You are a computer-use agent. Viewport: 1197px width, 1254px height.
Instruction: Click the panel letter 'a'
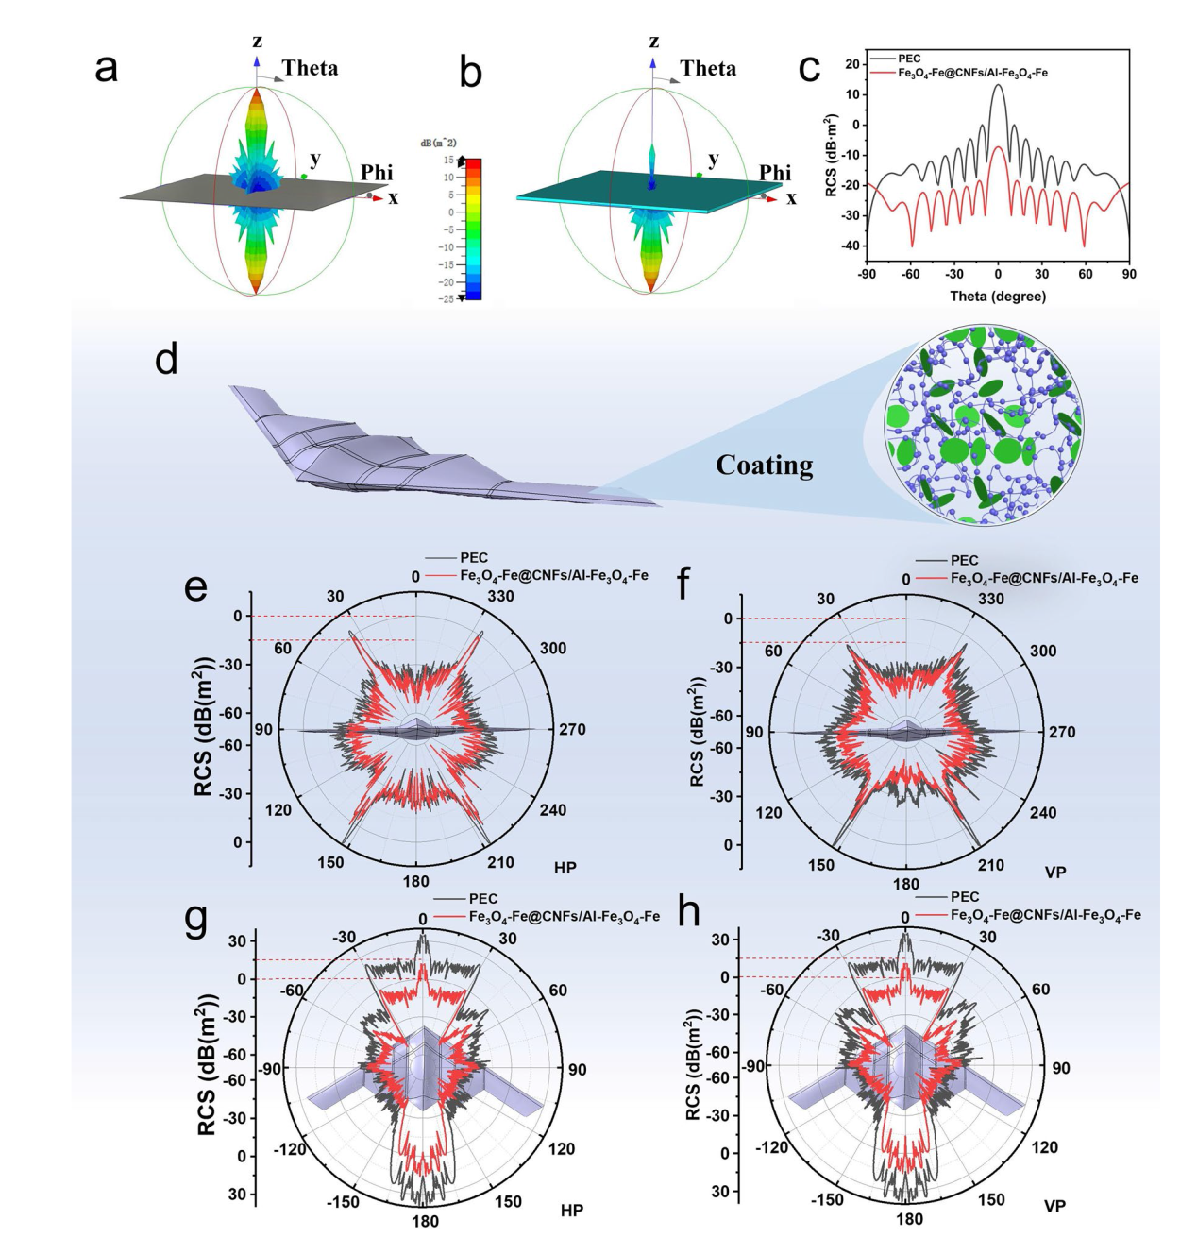point(107,68)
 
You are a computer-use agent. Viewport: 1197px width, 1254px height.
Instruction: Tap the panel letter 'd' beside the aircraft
point(167,360)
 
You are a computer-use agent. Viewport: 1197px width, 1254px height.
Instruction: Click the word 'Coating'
point(764,466)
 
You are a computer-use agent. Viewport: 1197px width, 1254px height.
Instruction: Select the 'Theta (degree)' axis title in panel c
point(998,297)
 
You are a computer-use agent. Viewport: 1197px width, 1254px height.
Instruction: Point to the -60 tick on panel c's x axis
point(910,274)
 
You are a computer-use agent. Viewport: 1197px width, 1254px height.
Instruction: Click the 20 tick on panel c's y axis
point(852,64)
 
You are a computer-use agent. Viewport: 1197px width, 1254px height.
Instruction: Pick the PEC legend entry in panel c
point(908,59)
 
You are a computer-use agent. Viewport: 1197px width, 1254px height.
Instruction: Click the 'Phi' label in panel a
point(377,173)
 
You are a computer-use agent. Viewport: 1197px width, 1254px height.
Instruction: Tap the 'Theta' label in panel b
point(708,69)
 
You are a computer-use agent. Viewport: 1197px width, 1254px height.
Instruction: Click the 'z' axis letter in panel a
point(257,42)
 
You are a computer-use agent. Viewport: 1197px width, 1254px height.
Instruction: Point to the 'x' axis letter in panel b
point(791,198)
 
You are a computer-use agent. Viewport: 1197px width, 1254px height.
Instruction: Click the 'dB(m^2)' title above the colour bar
point(438,143)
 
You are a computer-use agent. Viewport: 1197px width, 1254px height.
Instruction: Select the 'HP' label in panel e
point(565,867)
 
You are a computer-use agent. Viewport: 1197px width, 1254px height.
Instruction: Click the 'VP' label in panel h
point(1055,1206)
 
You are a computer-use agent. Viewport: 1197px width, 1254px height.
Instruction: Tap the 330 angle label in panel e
point(500,596)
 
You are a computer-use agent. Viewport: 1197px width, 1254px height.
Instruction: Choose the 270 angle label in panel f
point(1061,732)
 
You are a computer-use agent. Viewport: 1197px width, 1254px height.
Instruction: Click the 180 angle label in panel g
point(425,1222)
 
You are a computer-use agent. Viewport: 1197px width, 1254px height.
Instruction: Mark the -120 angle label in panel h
point(771,1147)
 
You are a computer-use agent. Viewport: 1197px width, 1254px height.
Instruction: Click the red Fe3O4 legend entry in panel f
point(1043,578)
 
